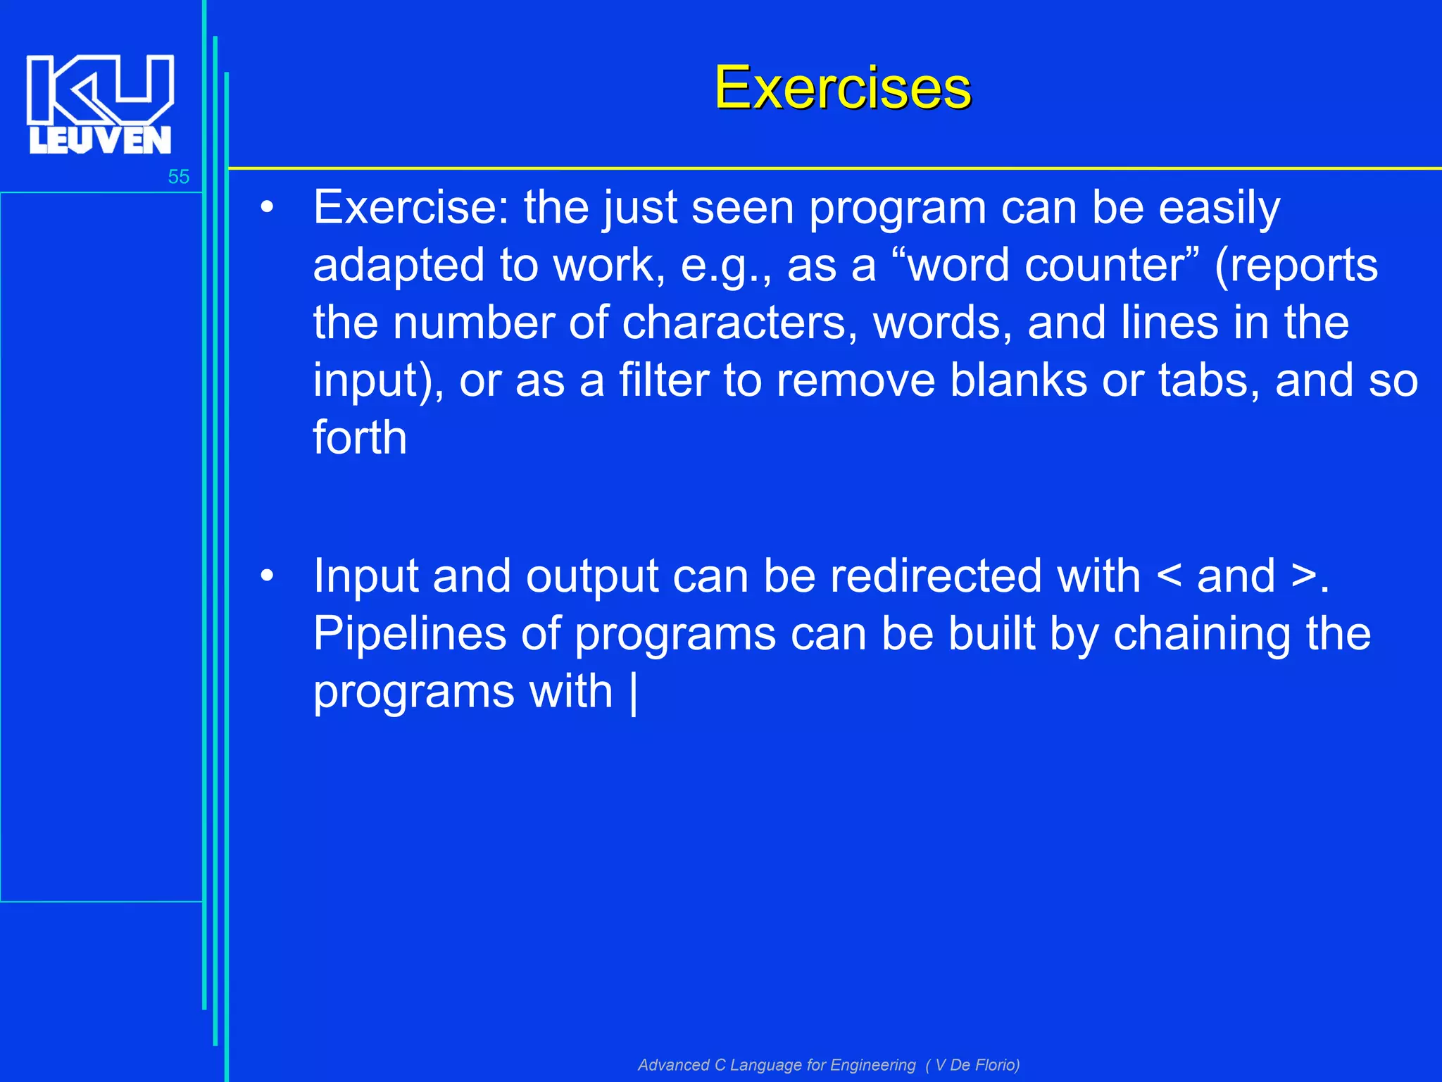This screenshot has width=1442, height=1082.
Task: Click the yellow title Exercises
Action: point(843,88)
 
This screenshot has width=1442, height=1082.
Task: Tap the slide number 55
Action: point(178,177)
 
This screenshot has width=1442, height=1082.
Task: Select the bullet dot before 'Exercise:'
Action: point(266,209)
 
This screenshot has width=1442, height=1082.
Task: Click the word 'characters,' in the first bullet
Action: point(739,323)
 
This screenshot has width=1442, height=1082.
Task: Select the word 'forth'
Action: point(360,438)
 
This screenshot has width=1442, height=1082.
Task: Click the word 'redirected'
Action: point(985,576)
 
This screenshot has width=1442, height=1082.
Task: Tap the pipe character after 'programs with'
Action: point(634,693)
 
